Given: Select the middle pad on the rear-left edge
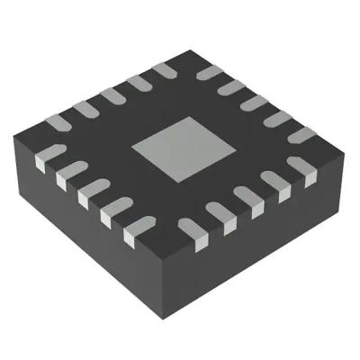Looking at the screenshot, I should (112, 95).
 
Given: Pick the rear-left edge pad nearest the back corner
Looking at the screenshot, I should (165, 69).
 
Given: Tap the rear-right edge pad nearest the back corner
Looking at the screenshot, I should (209, 72).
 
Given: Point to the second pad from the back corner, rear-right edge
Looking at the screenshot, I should (231, 86).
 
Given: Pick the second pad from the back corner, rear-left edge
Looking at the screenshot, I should (139, 83).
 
